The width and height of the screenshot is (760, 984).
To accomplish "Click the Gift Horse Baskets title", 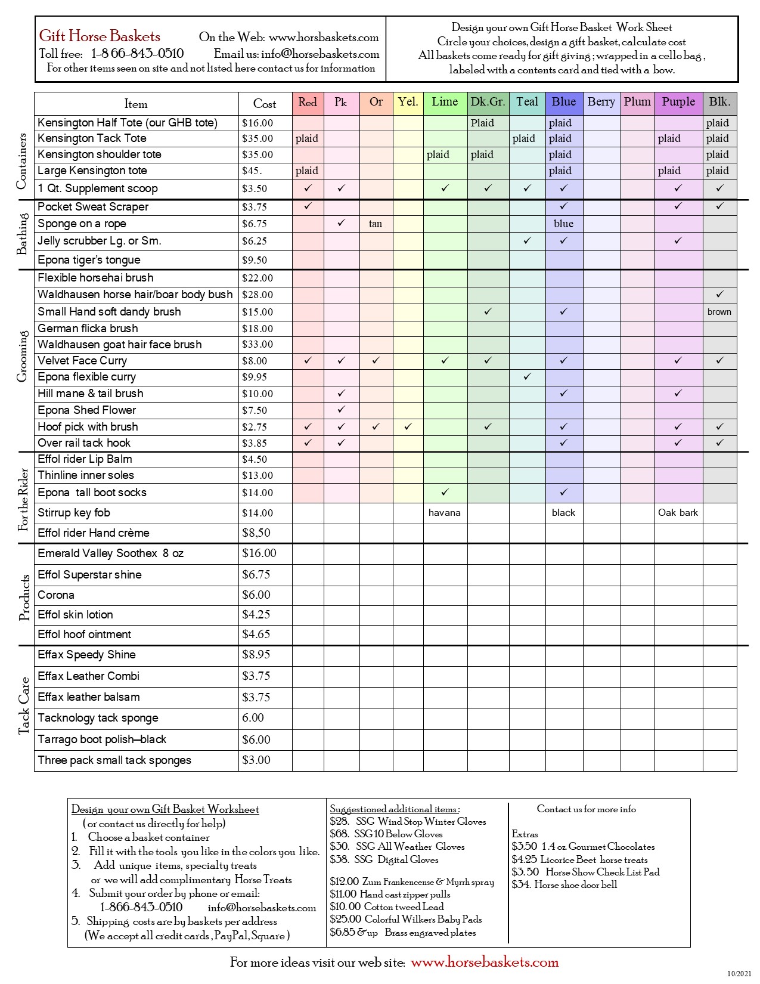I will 100,36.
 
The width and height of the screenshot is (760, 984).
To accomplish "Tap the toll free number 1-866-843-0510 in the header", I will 138,54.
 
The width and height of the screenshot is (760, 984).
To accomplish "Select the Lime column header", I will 445,102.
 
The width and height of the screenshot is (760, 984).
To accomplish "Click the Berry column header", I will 601,102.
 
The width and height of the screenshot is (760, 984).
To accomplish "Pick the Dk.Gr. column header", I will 488,102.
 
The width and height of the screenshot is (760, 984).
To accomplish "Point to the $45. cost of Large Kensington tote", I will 252,171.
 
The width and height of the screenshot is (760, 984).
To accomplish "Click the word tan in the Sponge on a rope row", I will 376,224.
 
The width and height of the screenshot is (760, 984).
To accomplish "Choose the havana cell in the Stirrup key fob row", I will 444,513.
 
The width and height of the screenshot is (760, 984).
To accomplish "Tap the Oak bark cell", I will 678,513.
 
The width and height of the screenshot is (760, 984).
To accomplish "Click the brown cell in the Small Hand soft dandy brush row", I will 719,312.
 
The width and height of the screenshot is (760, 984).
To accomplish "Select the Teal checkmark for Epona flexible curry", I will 527,377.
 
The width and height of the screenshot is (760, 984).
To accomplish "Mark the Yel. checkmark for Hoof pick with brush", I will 408,427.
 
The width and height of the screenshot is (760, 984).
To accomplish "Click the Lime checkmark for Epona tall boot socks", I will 445,493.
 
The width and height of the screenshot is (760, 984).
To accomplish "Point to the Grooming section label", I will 23,356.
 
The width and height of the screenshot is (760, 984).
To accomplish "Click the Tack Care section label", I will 24,705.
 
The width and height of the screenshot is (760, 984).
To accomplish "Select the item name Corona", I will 56,595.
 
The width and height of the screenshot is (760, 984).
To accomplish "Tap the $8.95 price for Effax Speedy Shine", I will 256,655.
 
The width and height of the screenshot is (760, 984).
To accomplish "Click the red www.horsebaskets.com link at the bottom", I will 485,962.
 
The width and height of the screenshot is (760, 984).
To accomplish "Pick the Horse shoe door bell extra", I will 564,884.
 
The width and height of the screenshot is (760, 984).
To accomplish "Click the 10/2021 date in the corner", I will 739,974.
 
